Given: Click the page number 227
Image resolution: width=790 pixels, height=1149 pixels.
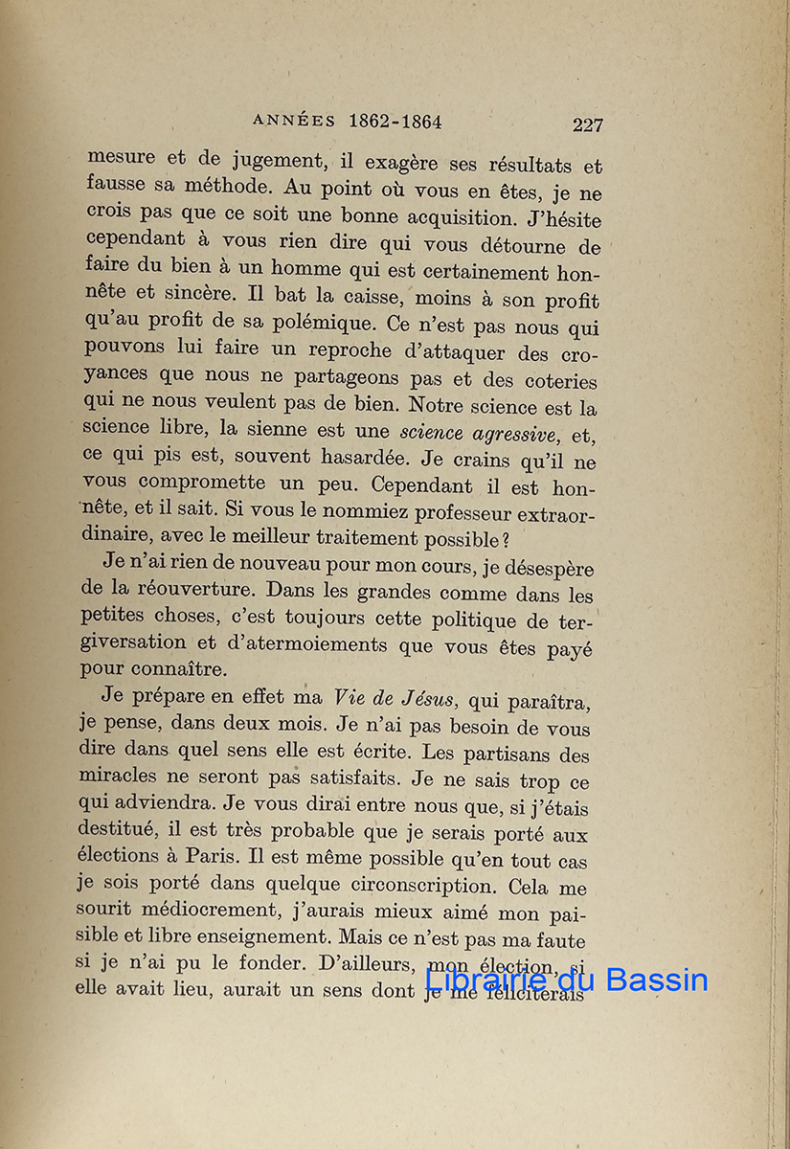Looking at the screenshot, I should pos(587,124).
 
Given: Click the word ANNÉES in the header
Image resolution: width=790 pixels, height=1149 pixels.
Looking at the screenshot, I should pos(294,122).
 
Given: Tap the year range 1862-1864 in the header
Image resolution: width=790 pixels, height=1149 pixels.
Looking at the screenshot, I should pos(395,122).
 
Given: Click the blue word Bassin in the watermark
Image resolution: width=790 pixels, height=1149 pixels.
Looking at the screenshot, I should pos(657,980).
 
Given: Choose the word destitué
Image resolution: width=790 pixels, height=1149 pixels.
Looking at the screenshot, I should pos(122,833).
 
